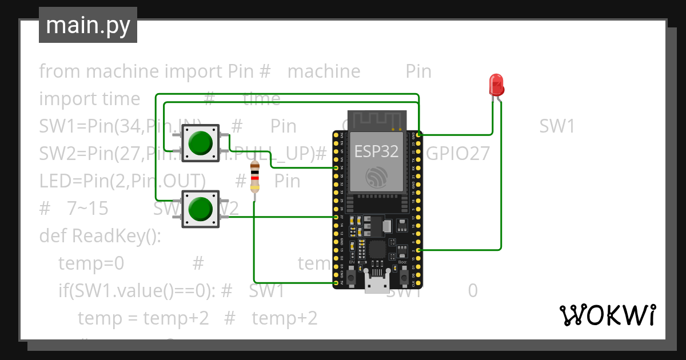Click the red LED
[496, 85]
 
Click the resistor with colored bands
[254, 177]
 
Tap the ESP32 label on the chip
[376, 151]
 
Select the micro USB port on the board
[377, 283]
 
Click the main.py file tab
[88, 25]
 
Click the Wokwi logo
[607, 315]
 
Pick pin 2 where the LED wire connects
[419, 250]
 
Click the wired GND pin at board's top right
[419, 135]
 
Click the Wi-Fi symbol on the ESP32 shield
[377, 177]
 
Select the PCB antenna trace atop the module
[377, 120]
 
